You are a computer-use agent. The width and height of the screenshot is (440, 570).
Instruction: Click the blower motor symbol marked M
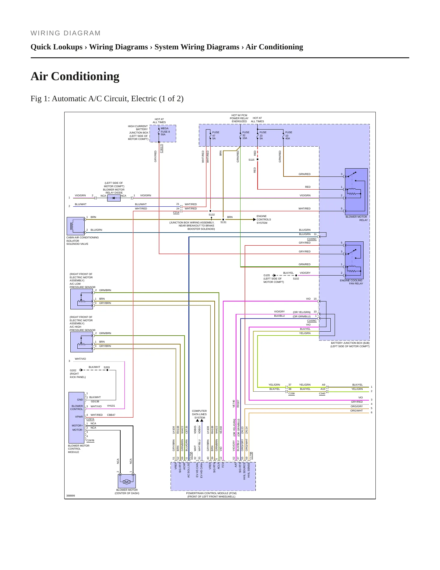[126, 482]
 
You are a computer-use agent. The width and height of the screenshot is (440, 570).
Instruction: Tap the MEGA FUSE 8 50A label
[165, 131]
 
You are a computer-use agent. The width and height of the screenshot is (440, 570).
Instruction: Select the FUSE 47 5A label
[216, 135]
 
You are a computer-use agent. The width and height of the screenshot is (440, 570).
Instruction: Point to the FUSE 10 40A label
[289, 135]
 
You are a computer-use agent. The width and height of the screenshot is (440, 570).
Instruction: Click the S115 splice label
[251, 160]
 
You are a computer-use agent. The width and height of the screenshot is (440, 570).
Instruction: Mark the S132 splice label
[212, 215]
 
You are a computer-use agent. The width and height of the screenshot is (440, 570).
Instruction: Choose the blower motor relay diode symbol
[114, 198]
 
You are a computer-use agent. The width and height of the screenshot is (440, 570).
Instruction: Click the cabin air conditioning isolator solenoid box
[76, 226]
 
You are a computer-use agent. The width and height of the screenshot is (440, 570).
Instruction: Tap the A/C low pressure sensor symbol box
[82, 299]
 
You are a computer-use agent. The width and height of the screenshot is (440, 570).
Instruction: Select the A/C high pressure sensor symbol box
[82, 342]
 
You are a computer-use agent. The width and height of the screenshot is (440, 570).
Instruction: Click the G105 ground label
[267, 275]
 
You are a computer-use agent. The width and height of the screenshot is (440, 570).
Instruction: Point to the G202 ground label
[73, 370]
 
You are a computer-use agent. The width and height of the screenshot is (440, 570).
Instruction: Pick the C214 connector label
[176, 212]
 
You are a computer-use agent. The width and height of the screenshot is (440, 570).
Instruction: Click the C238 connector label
[291, 394]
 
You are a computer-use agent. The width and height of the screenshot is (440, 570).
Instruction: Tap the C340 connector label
[322, 394]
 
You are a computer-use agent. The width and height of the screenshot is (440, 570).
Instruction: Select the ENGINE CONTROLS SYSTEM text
[264, 219]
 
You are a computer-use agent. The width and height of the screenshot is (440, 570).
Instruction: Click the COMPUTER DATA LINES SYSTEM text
[199, 414]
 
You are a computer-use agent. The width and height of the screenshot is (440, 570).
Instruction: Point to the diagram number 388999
[71, 496]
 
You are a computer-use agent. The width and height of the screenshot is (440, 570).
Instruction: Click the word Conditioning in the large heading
[85, 77]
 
